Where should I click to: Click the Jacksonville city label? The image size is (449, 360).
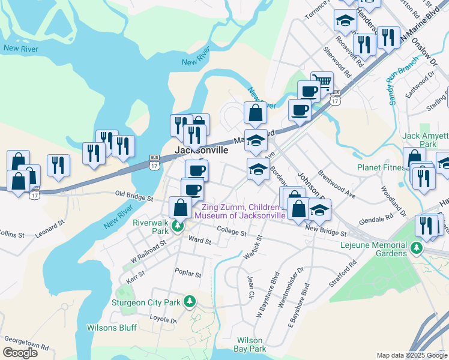click(201, 151)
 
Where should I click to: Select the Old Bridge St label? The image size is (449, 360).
click(134, 196)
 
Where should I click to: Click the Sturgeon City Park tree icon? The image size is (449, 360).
click(190, 301)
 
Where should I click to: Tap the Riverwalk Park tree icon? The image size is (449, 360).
click(177, 226)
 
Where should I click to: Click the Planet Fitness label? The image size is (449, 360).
click(382, 167)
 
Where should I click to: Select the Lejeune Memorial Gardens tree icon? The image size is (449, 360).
click(417, 247)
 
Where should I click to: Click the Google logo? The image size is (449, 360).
click(20, 352)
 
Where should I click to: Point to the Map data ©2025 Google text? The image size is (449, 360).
click(411, 355)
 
